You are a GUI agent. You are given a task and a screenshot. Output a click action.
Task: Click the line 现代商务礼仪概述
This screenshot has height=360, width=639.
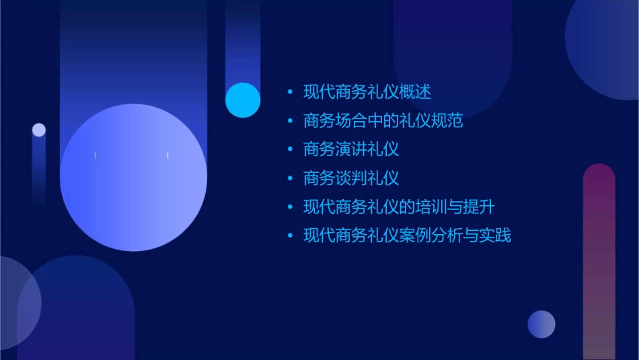click(367, 92)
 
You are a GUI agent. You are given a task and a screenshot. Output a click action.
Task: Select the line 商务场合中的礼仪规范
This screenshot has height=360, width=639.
click(383, 121)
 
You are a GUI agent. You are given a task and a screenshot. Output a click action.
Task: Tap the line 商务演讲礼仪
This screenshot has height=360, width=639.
click(351, 149)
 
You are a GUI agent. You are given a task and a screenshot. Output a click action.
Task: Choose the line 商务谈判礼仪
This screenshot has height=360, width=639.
click(351, 178)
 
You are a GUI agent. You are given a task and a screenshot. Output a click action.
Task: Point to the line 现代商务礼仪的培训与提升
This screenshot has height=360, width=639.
click(399, 207)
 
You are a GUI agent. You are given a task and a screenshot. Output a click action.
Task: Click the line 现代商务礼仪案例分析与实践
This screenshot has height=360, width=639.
click(407, 236)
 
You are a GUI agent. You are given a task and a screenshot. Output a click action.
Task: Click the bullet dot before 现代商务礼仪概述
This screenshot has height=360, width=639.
click(290, 92)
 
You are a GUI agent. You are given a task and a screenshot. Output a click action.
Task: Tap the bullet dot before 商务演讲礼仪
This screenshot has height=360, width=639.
click(290, 149)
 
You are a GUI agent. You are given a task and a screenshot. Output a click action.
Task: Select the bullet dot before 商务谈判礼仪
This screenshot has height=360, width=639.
click(290, 178)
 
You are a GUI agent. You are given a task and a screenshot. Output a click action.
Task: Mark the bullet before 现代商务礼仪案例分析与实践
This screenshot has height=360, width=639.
click(290, 236)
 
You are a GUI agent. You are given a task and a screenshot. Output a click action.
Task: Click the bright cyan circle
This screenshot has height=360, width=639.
click(243, 100)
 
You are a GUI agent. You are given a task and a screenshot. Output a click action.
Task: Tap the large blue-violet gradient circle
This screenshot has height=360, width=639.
click(133, 178)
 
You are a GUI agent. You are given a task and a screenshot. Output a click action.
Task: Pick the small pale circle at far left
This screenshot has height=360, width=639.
click(39, 130)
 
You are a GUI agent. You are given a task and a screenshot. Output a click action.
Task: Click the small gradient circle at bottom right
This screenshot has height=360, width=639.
click(541, 324)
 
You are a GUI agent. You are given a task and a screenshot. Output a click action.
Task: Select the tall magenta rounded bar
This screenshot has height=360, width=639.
click(599, 262)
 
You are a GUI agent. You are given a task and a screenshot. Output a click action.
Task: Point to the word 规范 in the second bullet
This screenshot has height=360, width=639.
click(447, 121)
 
